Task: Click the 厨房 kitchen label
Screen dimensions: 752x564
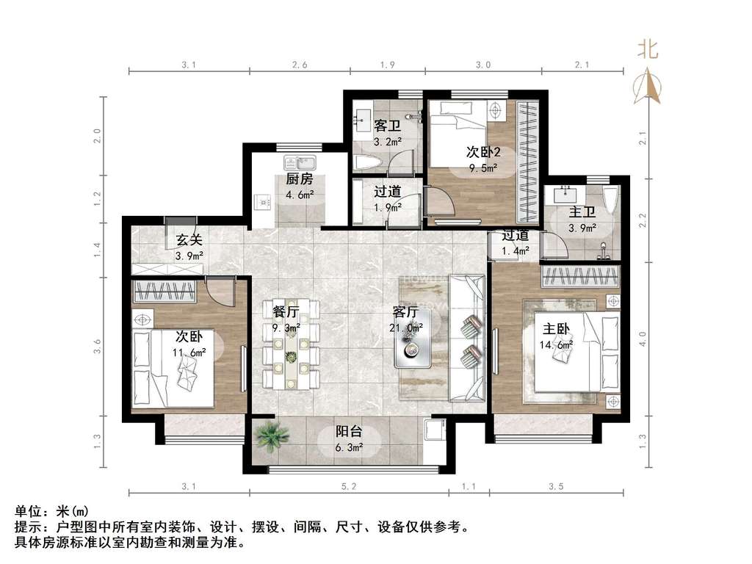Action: [300, 179]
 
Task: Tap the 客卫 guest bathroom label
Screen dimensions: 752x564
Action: [387, 126]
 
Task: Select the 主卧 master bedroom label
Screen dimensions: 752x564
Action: [556, 329]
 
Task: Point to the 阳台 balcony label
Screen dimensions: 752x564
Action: [349, 431]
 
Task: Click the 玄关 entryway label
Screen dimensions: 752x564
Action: [189, 240]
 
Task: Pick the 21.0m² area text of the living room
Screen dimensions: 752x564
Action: [406, 328]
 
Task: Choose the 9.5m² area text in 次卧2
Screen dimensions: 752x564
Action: [483, 168]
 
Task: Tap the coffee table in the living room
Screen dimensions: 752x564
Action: [412, 339]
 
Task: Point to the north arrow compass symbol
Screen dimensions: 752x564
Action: [647, 87]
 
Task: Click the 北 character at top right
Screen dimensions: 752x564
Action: [648, 49]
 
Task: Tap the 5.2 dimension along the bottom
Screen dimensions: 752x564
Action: [349, 486]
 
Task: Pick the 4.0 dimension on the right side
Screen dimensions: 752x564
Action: [643, 339]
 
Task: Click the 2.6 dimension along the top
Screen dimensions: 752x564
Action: [300, 65]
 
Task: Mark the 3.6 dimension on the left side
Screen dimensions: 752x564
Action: [98, 347]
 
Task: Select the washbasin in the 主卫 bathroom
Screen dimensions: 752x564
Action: [567, 194]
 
